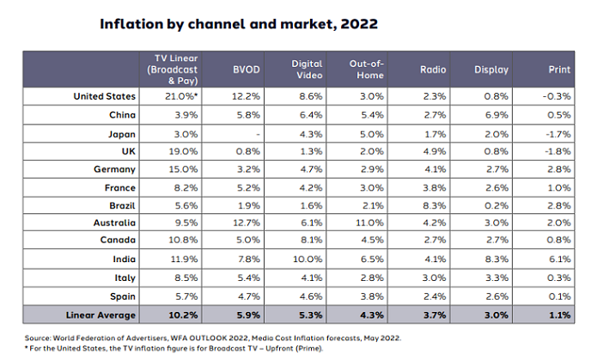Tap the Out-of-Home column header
point(365,70)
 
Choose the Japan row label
point(120,133)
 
